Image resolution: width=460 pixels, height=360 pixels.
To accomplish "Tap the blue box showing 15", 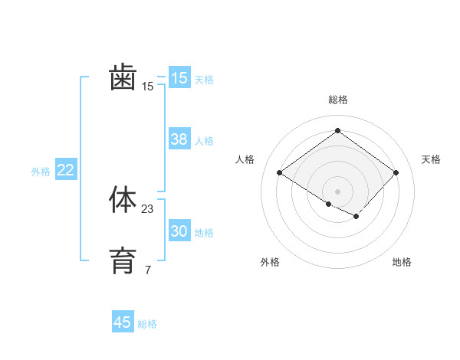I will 179,78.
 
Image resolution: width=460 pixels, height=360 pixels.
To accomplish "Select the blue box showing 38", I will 179,139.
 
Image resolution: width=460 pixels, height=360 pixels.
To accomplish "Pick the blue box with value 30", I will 179,231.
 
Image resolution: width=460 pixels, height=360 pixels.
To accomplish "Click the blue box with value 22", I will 65,170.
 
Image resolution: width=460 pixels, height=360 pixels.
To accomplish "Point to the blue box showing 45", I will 123,322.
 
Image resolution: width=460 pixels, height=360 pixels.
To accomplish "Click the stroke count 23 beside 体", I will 148,209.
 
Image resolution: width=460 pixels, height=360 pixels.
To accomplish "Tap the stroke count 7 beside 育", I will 148,270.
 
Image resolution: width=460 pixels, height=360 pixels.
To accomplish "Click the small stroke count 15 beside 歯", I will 148,87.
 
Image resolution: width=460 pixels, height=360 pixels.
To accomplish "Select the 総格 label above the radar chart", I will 337,100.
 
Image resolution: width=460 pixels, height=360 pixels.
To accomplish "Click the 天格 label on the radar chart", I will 431,159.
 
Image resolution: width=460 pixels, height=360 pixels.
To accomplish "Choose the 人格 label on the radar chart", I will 245,159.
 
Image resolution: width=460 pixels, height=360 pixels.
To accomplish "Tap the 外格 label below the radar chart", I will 270,262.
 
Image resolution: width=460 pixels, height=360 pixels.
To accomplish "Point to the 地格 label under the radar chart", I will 402,262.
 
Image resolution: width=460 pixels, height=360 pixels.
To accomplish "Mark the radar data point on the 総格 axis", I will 337,130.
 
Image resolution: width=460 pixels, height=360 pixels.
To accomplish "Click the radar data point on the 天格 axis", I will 396,172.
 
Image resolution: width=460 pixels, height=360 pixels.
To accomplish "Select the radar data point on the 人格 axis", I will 280,172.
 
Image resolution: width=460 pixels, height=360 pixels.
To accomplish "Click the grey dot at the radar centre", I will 337,191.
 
